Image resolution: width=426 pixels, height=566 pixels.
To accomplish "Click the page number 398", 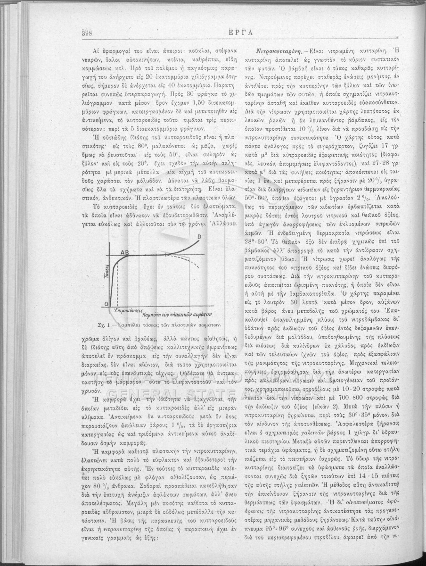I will (x=87, y=33).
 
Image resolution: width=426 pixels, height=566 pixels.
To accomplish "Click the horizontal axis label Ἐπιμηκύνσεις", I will (x=127, y=312).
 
